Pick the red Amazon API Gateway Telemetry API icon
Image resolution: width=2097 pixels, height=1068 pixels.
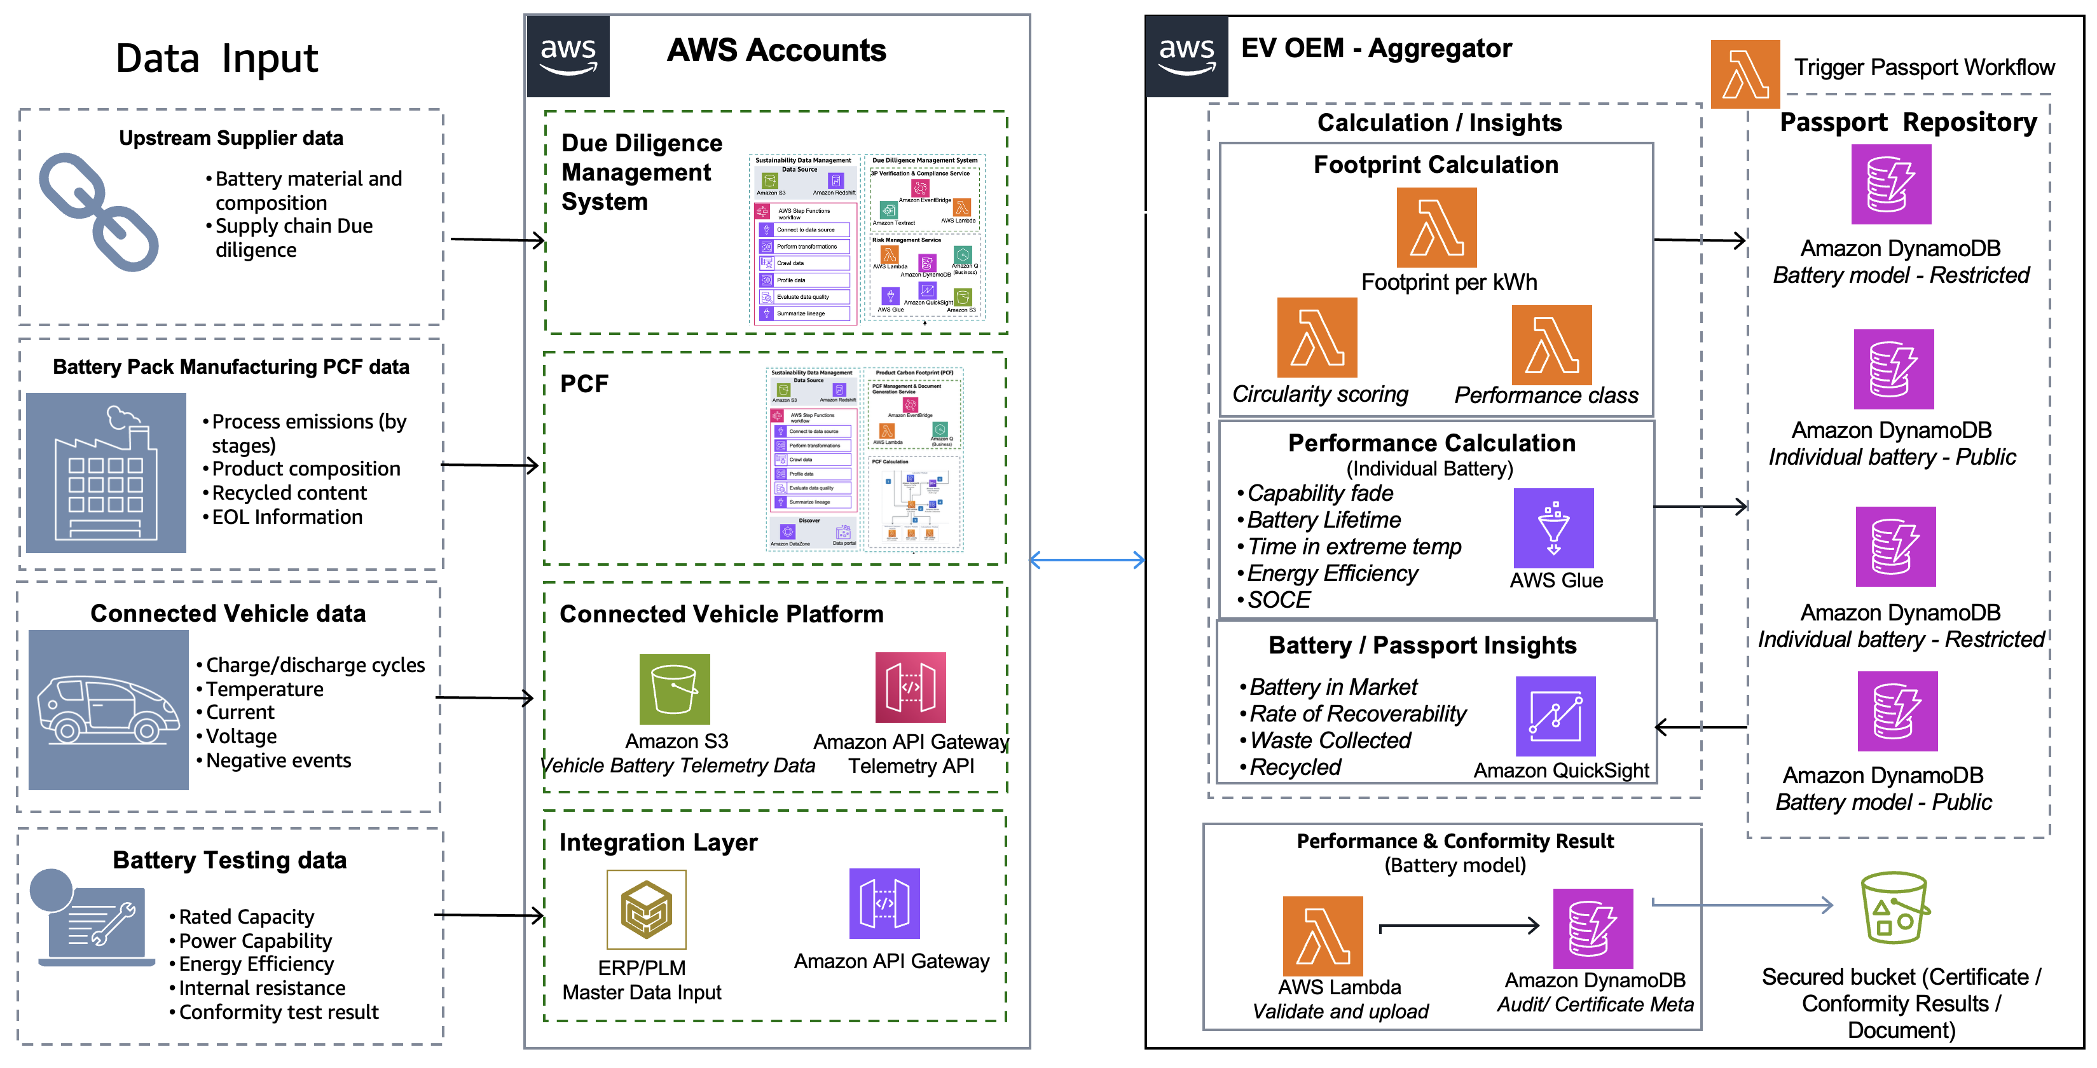pos(910,687)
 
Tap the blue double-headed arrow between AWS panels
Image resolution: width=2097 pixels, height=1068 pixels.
pos(1087,560)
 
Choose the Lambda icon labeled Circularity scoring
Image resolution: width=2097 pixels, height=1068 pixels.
pos(1316,337)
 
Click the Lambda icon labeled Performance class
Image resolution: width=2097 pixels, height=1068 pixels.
pos(1551,345)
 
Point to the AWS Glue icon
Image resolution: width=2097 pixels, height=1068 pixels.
pos(1553,528)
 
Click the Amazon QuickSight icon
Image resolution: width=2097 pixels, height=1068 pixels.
pos(1555,716)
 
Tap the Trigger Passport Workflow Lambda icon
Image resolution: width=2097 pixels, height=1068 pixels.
pos(1745,75)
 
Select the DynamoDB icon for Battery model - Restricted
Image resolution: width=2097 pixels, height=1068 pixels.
pos(1890,185)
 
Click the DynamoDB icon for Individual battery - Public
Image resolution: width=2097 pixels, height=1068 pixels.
pos(1893,369)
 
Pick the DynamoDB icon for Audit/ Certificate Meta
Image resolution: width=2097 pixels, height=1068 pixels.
pos(1592,928)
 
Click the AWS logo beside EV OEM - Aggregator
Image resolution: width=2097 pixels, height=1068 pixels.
pos(1186,56)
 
